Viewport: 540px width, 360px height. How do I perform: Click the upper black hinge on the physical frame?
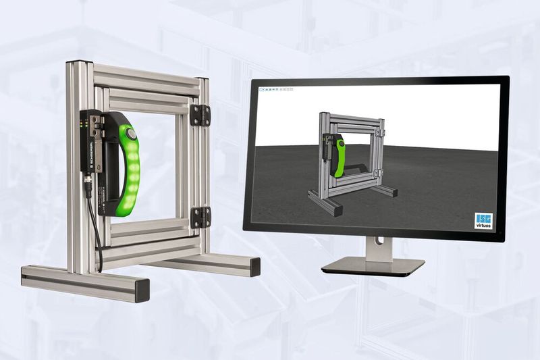pos(200,115)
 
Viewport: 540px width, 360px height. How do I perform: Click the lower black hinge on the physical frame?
pos(200,217)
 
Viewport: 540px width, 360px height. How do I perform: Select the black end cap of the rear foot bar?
pos(255,266)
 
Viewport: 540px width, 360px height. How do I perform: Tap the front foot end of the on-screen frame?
pos(335,211)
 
